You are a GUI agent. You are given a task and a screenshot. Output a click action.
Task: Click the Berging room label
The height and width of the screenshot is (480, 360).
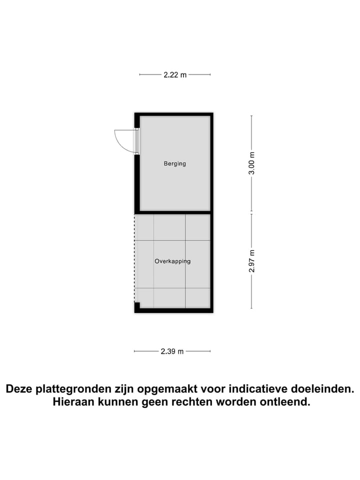174,163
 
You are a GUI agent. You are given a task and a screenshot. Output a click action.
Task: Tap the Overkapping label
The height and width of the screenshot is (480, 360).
172,261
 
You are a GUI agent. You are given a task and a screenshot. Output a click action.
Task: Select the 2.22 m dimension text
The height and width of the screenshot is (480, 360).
174,75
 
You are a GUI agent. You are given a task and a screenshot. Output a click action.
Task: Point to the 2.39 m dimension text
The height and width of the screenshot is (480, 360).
172,351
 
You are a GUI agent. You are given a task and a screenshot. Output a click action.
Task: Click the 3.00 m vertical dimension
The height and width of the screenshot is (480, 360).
252,163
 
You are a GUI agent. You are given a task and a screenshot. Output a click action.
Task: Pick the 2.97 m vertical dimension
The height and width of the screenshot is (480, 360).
252,261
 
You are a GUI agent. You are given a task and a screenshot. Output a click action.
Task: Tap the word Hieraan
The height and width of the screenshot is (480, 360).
73,402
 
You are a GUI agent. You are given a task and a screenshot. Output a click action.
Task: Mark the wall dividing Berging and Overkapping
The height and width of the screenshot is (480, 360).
173,212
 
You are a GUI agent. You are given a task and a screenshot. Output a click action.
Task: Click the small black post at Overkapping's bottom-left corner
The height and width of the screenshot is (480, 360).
137,306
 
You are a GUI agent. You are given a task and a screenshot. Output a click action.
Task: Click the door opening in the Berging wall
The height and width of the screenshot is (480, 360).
136,141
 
